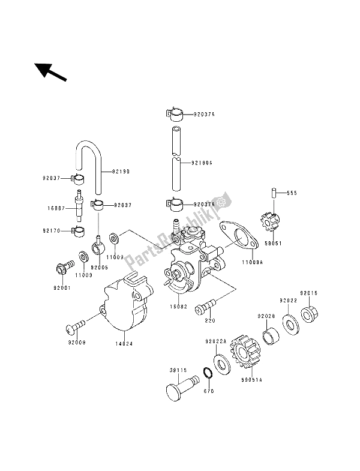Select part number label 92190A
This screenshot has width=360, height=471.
(x=202, y=162)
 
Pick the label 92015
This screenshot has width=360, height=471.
(x=310, y=293)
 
